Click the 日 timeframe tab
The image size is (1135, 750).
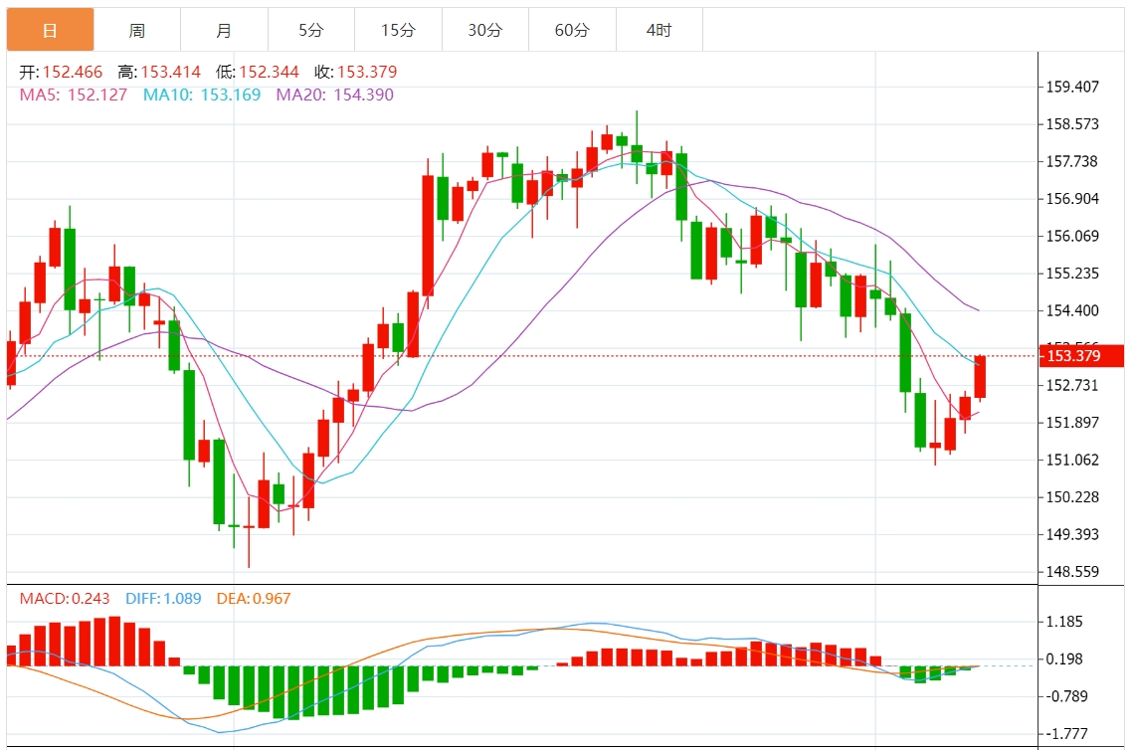[50, 30]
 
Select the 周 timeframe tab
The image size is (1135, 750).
[137, 30]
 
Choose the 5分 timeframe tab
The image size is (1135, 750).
[311, 30]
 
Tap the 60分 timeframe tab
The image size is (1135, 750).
[572, 30]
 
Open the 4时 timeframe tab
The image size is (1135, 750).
[659, 30]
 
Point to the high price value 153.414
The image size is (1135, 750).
[171, 72]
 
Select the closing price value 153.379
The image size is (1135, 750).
[367, 72]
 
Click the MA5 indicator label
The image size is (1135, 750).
[40, 94]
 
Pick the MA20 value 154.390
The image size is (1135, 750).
[359, 94]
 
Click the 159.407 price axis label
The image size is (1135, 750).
[1072, 87]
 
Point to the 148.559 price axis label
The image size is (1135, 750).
[1072, 572]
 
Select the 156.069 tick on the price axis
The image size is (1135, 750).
[1072, 236]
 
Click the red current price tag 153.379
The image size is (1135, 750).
[1078, 356]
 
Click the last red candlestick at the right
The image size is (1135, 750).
[980, 378]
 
